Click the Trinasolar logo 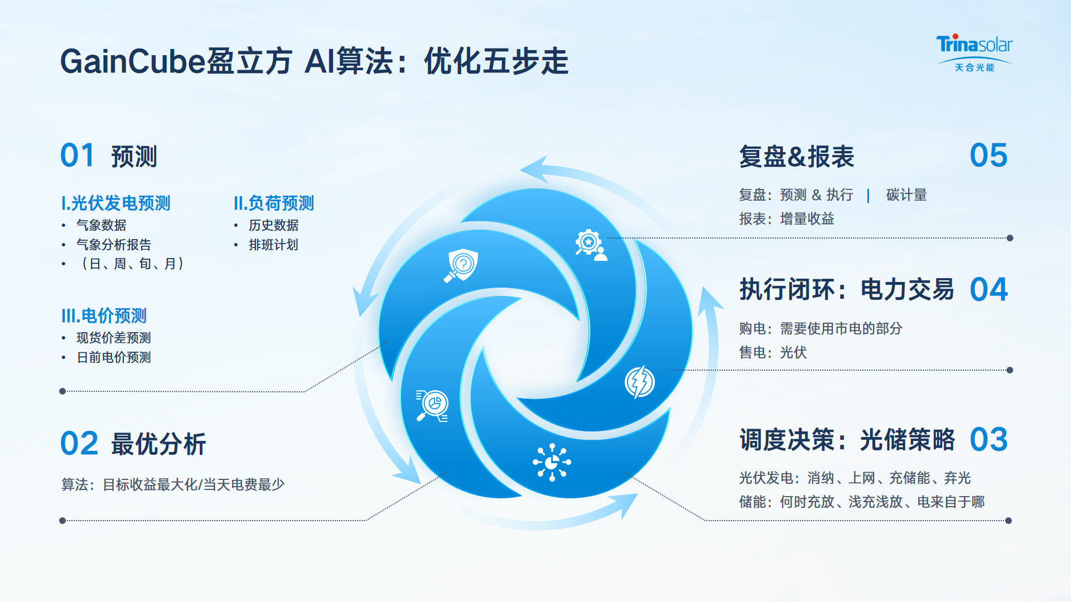pyautogui.click(x=974, y=53)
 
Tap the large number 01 pyautogui.click(x=78, y=156)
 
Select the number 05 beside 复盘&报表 pyautogui.click(x=988, y=156)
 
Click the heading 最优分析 pyautogui.click(x=158, y=444)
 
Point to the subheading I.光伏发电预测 pyautogui.click(x=115, y=203)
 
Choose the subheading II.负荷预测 pyautogui.click(x=274, y=203)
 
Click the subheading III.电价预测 pyautogui.click(x=104, y=315)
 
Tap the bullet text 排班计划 pyautogui.click(x=273, y=245)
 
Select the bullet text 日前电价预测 pyautogui.click(x=114, y=357)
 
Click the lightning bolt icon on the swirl pyautogui.click(x=640, y=382)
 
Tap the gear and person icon pyautogui.click(x=591, y=245)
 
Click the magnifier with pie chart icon pyautogui.click(x=432, y=405)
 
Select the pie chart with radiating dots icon pyautogui.click(x=552, y=462)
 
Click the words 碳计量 pyautogui.click(x=906, y=195)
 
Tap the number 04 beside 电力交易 pyautogui.click(x=988, y=290)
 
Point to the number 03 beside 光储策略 pyautogui.click(x=988, y=440)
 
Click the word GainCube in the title pyautogui.click(x=133, y=61)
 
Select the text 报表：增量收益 pyautogui.click(x=787, y=219)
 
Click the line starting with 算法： pyautogui.click(x=173, y=484)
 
